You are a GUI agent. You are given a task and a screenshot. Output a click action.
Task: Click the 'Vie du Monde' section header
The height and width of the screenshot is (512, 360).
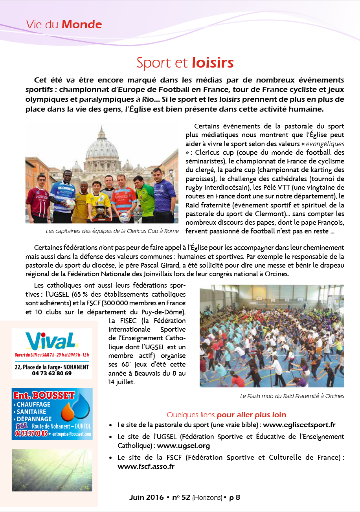pyautogui.click(x=64, y=25)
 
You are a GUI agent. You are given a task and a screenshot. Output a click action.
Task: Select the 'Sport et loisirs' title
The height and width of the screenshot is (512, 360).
pyautogui.click(x=185, y=62)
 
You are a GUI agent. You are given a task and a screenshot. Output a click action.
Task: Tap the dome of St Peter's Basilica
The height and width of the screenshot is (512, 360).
pyautogui.click(x=102, y=147)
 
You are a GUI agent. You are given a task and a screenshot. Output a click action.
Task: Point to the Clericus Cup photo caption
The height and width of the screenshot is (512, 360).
pyautogui.click(x=112, y=231)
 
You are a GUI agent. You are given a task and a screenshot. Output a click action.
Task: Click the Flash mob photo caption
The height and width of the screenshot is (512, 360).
pyautogui.click(x=292, y=396)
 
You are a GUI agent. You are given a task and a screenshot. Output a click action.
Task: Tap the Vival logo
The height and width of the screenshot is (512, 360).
pyautogui.click(x=50, y=340)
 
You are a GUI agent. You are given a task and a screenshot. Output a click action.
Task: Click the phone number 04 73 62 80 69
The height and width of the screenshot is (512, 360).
pyautogui.click(x=51, y=373)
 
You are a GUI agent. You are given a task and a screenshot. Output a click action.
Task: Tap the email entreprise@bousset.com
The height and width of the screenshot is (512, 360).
pyautogui.click(x=72, y=434)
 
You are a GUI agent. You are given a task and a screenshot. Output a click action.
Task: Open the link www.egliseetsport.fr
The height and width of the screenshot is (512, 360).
pyautogui.click(x=299, y=425)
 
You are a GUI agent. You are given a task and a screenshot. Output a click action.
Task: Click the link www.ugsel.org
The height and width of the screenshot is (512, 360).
pyautogui.click(x=183, y=446)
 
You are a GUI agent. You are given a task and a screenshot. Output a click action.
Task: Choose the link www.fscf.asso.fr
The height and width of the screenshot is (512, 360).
pyautogui.click(x=146, y=467)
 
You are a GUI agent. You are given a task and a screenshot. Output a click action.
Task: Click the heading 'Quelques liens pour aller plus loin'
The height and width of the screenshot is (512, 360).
pyautogui.click(x=226, y=415)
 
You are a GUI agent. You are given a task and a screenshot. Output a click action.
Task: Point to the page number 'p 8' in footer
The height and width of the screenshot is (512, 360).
pyautogui.click(x=235, y=497)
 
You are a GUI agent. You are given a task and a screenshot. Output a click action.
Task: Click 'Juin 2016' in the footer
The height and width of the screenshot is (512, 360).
pyautogui.click(x=146, y=497)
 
